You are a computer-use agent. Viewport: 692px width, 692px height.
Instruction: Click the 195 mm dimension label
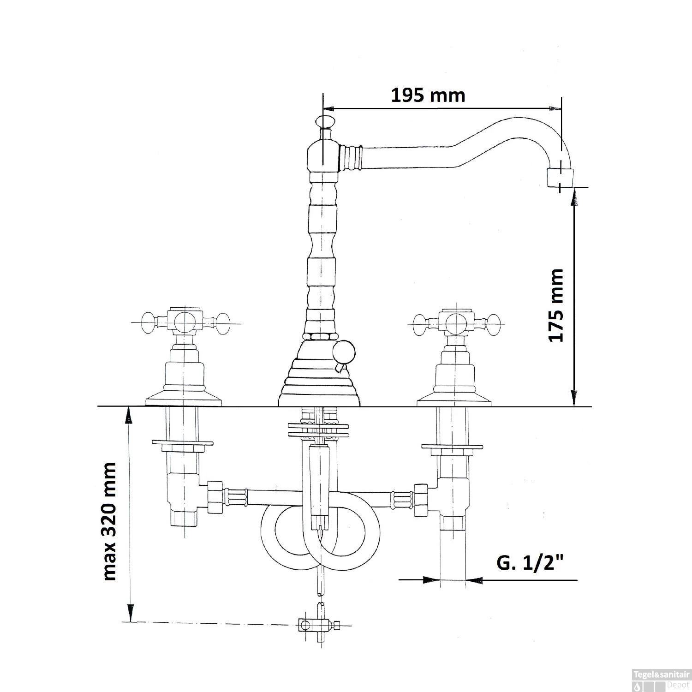(x=428, y=95)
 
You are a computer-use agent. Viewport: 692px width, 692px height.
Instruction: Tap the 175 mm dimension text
(x=556, y=305)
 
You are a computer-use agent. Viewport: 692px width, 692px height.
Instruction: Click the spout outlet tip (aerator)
(x=561, y=178)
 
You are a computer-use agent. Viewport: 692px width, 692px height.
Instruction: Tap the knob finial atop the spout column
(x=324, y=122)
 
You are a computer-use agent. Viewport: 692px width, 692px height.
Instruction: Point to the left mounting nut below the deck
(x=183, y=445)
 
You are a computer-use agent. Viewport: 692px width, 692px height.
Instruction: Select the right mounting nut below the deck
(x=452, y=447)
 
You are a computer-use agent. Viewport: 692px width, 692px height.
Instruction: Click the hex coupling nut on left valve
(x=215, y=497)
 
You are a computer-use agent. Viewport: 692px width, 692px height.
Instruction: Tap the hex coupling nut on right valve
(x=422, y=500)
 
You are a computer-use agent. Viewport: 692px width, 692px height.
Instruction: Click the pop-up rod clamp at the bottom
(x=318, y=626)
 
